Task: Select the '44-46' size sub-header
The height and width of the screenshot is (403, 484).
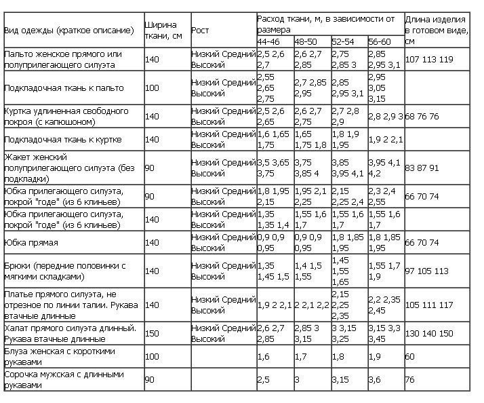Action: coord(268,42)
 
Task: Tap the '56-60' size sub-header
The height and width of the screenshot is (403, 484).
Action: coord(379,42)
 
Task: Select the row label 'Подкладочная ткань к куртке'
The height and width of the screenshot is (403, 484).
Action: coord(63,140)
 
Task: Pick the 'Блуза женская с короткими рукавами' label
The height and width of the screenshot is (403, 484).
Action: coord(60,356)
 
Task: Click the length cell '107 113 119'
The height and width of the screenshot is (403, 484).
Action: coord(429,60)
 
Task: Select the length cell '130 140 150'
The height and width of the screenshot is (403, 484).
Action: coord(429,334)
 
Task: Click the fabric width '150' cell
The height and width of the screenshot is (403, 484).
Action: coord(152,334)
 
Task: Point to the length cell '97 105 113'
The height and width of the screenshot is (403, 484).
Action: coord(427,271)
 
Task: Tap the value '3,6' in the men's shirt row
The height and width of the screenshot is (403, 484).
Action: coord(374,380)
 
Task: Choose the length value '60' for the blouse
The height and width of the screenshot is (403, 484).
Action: coord(410,356)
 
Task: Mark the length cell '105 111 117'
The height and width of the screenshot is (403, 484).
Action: coord(429,305)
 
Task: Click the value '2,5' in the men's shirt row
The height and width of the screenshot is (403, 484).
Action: coord(264,380)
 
